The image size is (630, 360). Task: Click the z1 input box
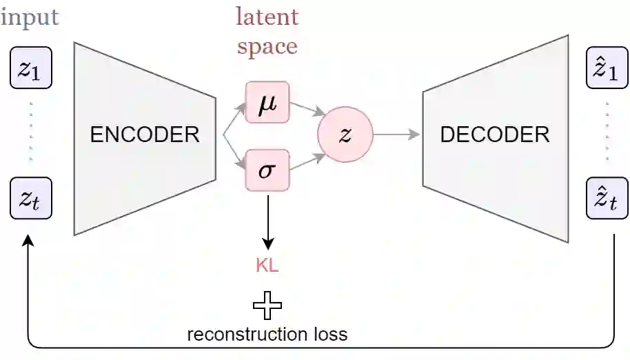[x=30, y=68]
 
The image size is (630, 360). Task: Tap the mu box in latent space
[x=267, y=103]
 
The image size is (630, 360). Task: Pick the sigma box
[x=267, y=169]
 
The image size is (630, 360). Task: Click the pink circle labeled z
[x=345, y=134]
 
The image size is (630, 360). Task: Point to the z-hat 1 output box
[x=607, y=68]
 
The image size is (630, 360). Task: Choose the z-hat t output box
[x=607, y=198]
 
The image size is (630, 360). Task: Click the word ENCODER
[x=145, y=134]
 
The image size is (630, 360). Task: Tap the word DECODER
[x=495, y=134]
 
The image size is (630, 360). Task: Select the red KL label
[x=267, y=266]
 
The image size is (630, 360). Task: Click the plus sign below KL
[x=267, y=305]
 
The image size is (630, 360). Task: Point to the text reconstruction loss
[x=267, y=335]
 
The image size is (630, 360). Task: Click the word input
[x=30, y=17]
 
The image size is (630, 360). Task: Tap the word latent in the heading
[x=267, y=17]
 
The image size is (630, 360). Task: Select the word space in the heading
[x=267, y=46]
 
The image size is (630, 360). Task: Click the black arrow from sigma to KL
[x=267, y=221]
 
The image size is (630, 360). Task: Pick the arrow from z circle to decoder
[x=397, y=134]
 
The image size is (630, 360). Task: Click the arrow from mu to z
[x=306, y=110]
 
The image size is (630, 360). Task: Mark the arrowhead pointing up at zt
[x=28, y=242]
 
